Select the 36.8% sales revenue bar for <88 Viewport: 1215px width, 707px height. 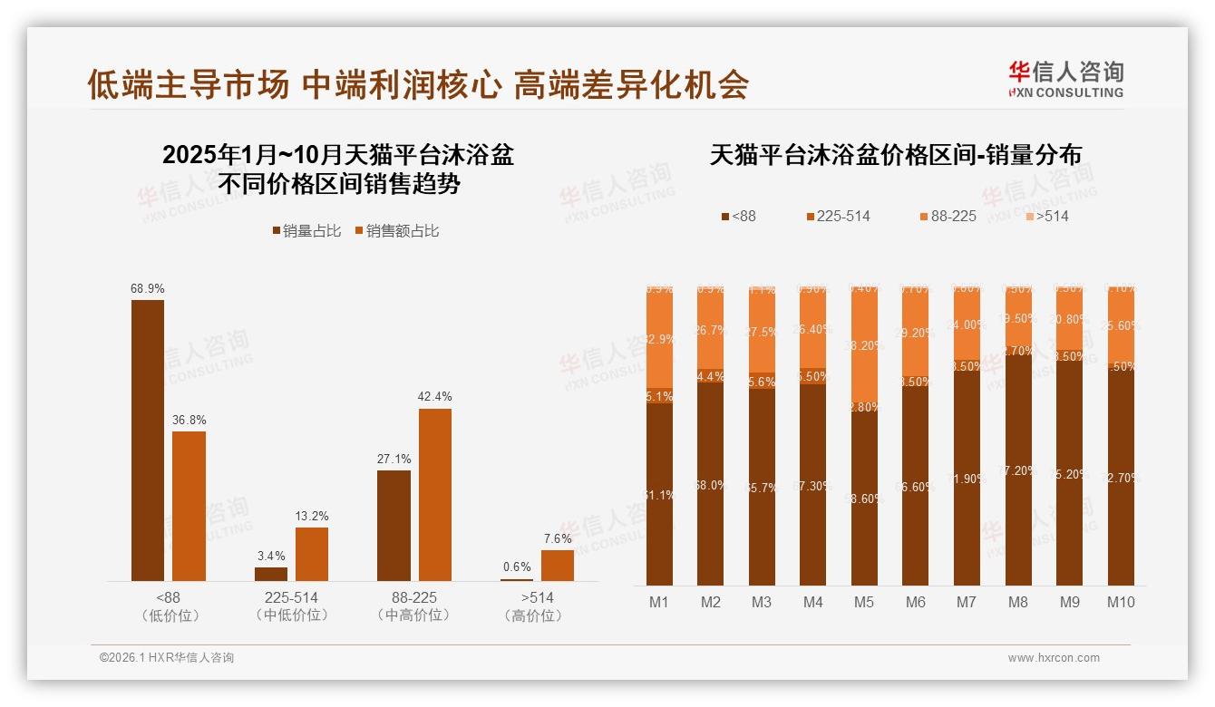pyautogui.click(x=189, y=506)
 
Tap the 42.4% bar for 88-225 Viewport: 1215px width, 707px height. pyautogui.click(x=434, y=494)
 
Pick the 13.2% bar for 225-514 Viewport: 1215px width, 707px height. pyautogui.click(x=312, y=554)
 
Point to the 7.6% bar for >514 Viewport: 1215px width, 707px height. pyautogui.click(x=558, y=565)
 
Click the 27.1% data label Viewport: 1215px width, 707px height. pyautogui.click(x=394, y=459)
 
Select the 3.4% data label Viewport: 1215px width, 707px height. pyautogui.click(x=271, y=556)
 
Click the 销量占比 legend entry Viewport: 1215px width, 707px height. pyautogui.click(x=306, y=231)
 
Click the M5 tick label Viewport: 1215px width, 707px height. pyautogui.click(x=863, y=602)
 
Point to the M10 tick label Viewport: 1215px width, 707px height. pyautogui.click(x=1121, y=602)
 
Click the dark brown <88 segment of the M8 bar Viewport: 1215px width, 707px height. pyautogui.click(x=1018, y=471)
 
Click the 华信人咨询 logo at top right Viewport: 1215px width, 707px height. pyautogui.click(x=1065, y=79)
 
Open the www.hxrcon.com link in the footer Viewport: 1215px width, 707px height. pyautogui.click(x=1054, y=658)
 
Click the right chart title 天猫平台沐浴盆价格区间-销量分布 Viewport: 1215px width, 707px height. pyautogui.click(x=895, y=155)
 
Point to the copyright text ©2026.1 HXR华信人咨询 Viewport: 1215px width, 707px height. pyautogui.click(x=166, y=658)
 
